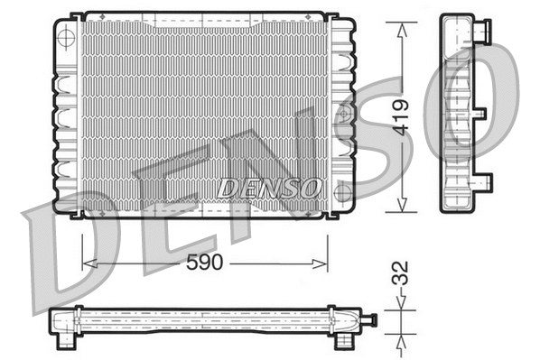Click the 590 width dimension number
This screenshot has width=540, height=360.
203,263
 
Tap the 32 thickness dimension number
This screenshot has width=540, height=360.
401,274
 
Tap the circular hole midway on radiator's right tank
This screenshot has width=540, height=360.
341,115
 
